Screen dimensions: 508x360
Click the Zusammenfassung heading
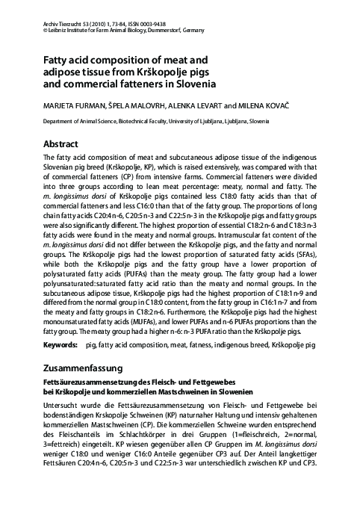tap(88, 368)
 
